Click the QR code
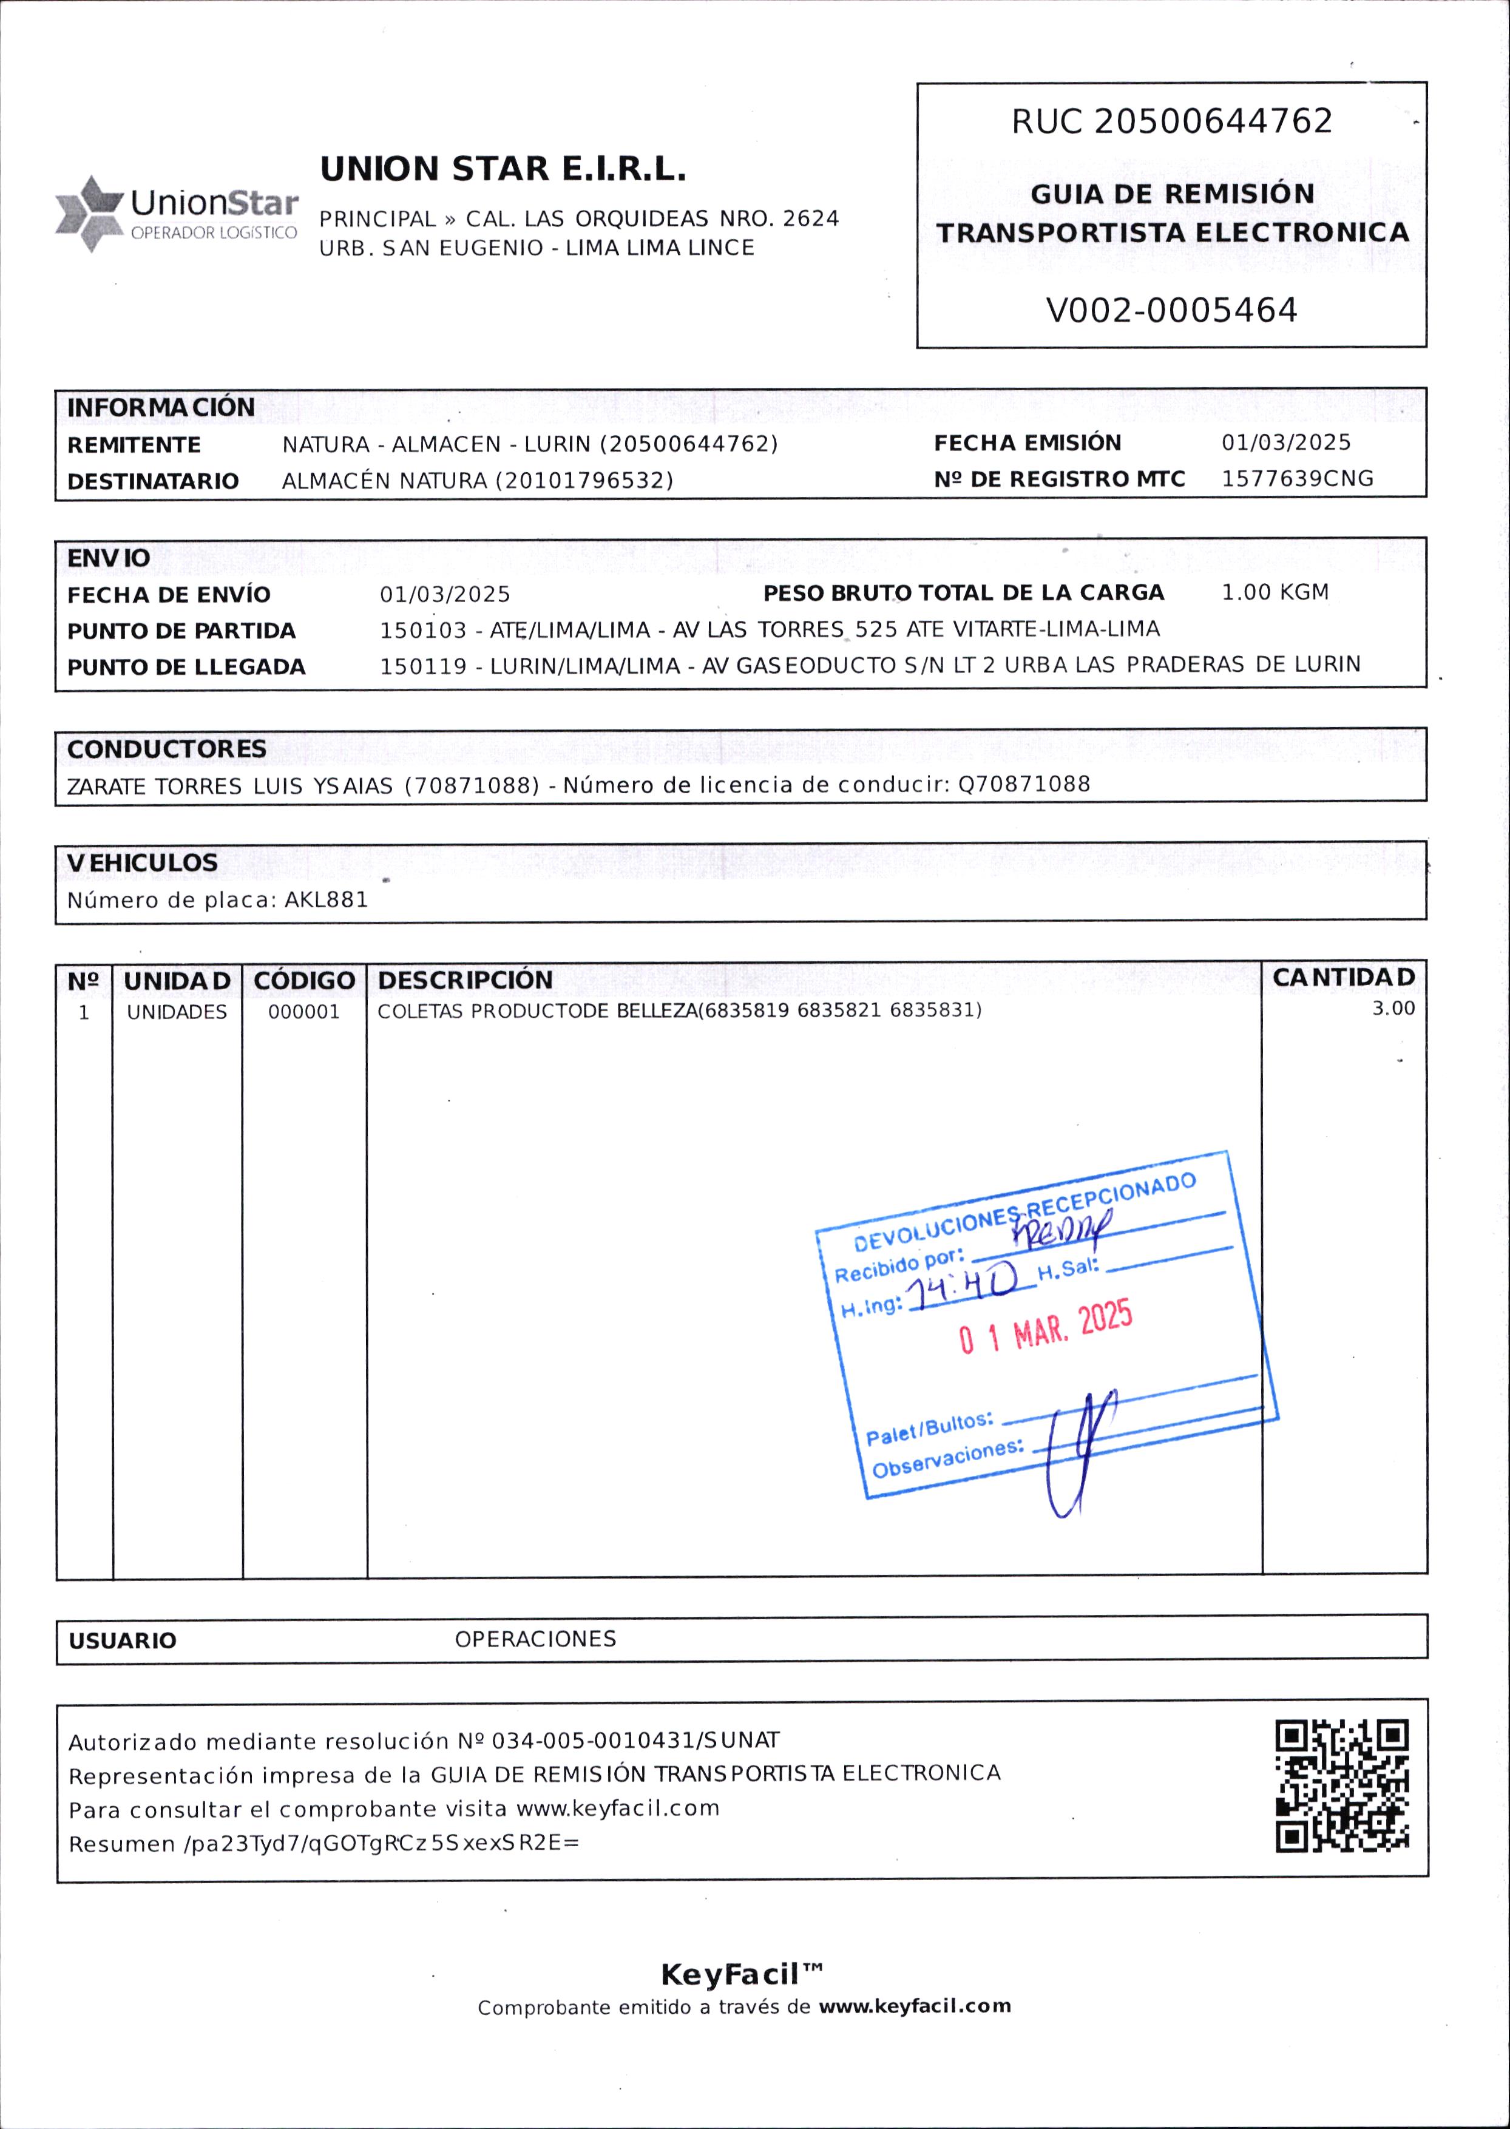pos(1342,1786)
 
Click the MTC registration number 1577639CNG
pos(1296,479)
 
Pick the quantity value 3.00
pos(1393,1009)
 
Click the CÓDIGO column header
pos(304,981)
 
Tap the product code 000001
pos(304,1012)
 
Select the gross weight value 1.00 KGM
pos(1275,592)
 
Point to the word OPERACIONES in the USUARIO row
pos(535,1639)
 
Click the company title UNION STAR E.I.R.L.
pos(503,169)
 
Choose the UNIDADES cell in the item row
pos(177,1012)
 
